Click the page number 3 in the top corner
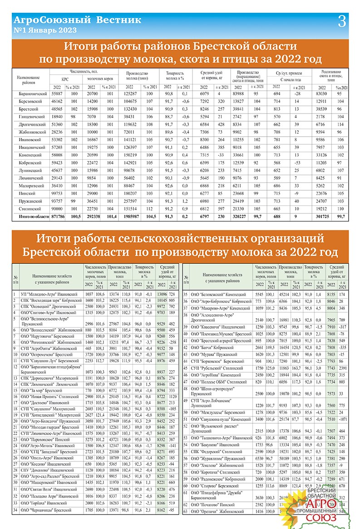(342, 20)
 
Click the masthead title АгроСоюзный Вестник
(78, 20)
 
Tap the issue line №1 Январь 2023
(45, 30)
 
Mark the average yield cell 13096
(162, 295)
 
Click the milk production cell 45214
(285, 295)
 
